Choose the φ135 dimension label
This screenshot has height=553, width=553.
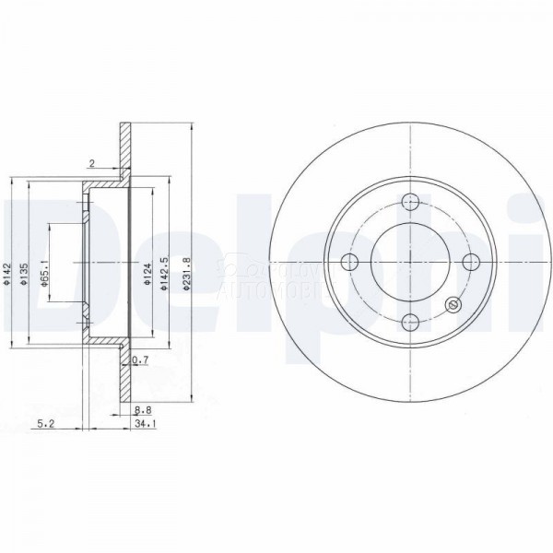click(25, 274)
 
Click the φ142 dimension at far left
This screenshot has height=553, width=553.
click(6, 274)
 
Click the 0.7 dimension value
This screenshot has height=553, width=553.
click(141, 359)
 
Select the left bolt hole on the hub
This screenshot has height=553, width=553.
click(348, 262)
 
